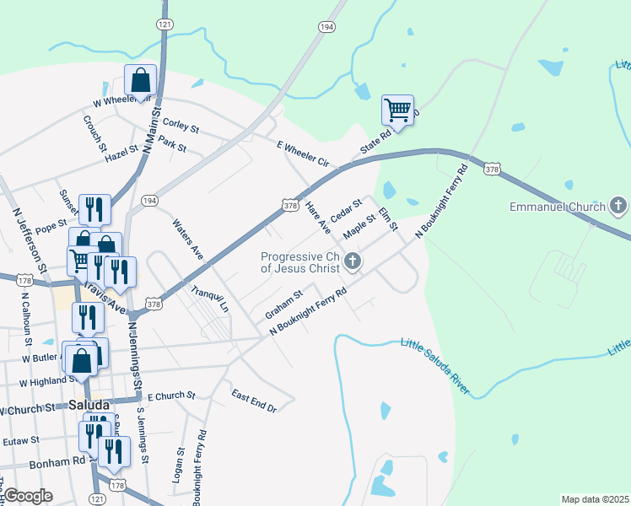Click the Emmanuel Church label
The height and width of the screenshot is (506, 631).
pyautogui.click(x=558, y=207)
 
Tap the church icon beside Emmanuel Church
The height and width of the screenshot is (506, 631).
pyautogui.click(x=618, y=206)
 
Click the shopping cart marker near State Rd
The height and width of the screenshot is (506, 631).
pyautogui.click(x=397, y=110)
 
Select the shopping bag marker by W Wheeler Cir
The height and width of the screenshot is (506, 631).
pyautogui.click(x=141, y=81)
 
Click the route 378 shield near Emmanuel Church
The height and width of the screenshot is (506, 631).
pyautogui.click(x=491, y=170)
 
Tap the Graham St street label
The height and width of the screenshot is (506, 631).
pyautogui.click(x=283, y=304)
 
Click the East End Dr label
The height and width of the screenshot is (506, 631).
pyautogui.click(x=254, y=401)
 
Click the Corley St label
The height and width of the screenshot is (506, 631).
pyautogui.click(x=181, y=125)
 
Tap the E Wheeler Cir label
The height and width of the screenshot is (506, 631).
pyautogui.click(x=302, y=153)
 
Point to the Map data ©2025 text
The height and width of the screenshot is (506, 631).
pyautogui.click(x=594, y=499)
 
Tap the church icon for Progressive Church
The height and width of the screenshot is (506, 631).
pyautogui.click(x=353, y=263)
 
